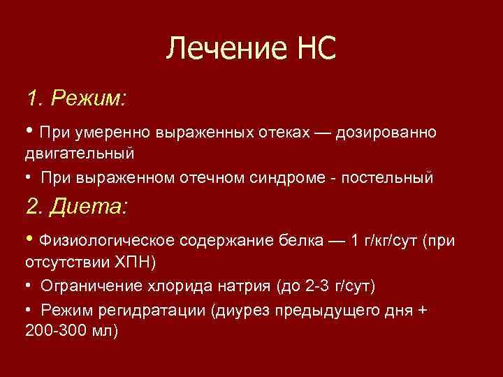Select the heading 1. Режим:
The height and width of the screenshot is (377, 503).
tap(76, 98)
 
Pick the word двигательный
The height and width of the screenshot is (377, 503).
tap(80, 151)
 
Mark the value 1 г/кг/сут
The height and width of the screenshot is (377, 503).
tap(385, 242)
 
